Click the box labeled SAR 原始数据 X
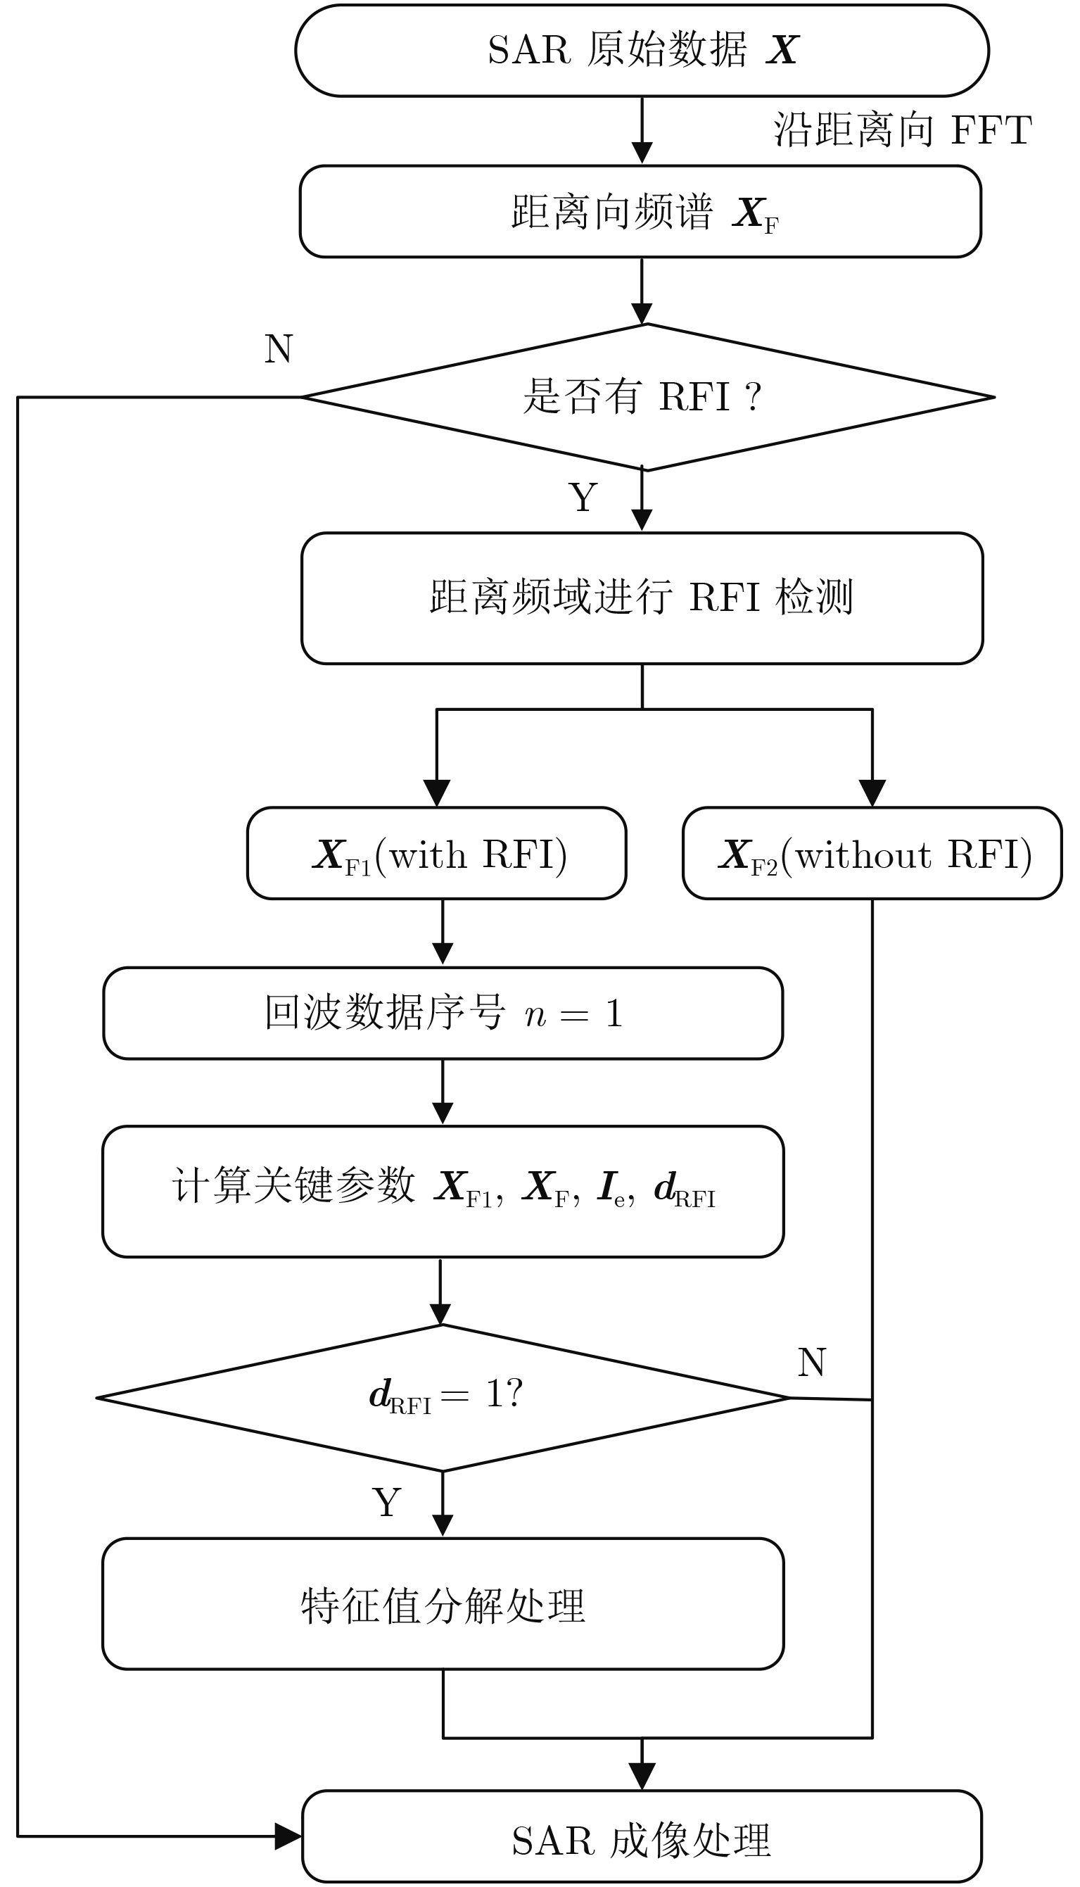coord(642,51)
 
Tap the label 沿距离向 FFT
coord(902,131)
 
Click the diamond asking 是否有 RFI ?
coord(647,397)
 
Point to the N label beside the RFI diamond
coord(279,349)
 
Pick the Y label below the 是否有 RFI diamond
coord(583,497)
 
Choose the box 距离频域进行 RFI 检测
coord(642,598)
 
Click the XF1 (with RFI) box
coord(437,854)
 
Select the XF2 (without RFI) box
coord(872,854)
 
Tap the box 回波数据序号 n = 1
coord(443,1014)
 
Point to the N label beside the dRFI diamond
coord(812,1363)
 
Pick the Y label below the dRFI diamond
coord(386,1503)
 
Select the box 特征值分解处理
coord(443,1604)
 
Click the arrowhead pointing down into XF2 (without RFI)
coord(872,793)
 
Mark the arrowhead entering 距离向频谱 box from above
coord(642,152)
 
